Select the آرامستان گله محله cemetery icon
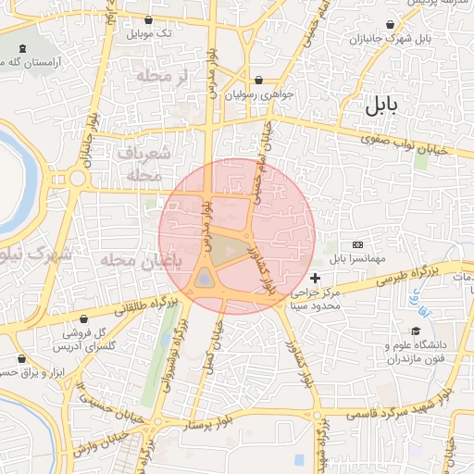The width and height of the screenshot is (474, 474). pyautogui.click(x=20, y=47)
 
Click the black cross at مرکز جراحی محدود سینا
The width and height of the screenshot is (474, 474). pyautogui.click(x=316, y=278)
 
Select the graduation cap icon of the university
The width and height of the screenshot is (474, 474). pyautogui.click(x=417, y=331)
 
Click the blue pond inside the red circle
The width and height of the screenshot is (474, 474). pyautogui.click(x=205, y=278)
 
